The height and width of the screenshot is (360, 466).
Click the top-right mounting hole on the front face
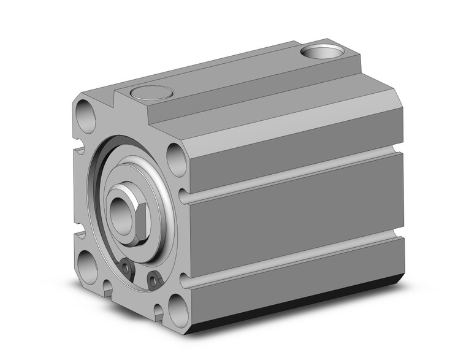point(176,158)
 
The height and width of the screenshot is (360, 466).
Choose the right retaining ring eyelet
point(153,281)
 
